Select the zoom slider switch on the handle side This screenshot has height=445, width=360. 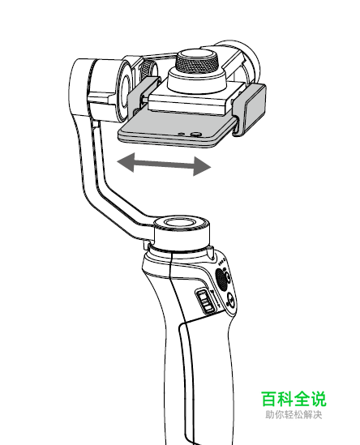click(x=205, y=301)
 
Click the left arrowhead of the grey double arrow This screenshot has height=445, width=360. click(x=126, y=162)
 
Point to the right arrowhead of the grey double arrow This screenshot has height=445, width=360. click(x=202, y=166)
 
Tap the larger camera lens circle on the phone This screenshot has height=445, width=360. click(x=195, y=134)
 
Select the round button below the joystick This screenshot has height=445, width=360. click(x=231, y=301)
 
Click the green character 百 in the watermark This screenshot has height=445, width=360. click(x=269, y=399)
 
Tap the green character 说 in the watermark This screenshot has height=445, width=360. click(x=318, y=399)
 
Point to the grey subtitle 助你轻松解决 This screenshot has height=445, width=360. click(x=294, y=415)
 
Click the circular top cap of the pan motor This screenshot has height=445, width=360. click(x=182, y=224)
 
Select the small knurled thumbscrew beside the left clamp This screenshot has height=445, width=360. click(x=147, y=69)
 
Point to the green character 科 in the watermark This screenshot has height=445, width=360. click(x=285, y=399)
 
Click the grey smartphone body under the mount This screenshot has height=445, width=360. click(x=178, y=129)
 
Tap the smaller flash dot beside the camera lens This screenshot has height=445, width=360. click(x=181, y=133)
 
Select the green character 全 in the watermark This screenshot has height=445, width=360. click(x=302, y=399)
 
